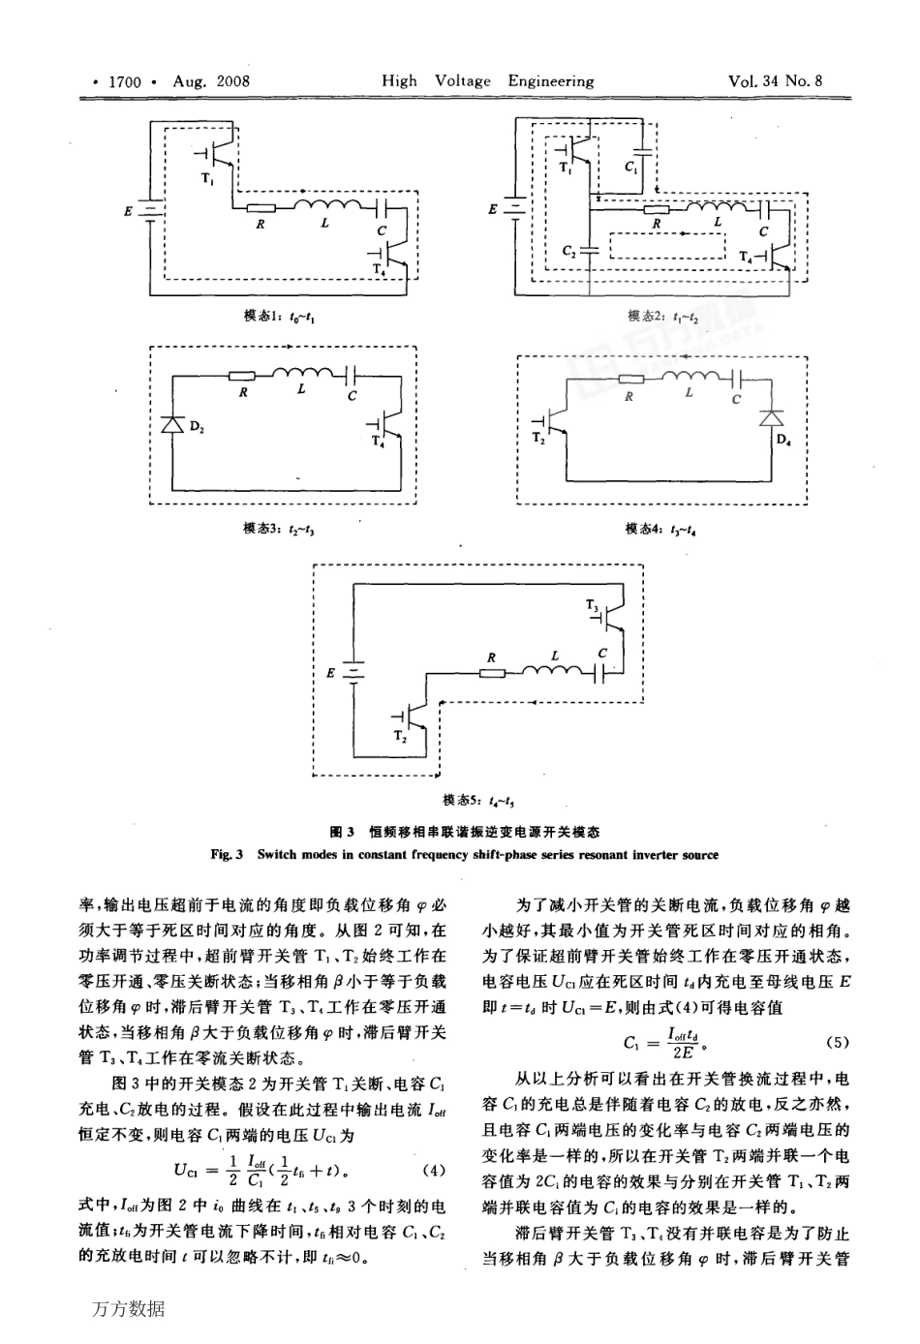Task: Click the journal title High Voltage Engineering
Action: click(x=487, y=81)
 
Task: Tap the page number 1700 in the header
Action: click(x=125, y=81)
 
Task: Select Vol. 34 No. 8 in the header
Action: click(x=775, y=81)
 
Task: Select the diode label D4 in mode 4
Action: click(x=783, y=440)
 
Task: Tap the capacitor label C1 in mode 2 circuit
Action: click(x=630, y=168)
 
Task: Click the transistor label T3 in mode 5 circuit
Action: click(x=592, y=604)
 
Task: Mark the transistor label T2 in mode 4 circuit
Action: click(x=537, y=439)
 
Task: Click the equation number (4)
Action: click(x=435, y=1170)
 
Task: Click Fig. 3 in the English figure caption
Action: click(x=225, y=855)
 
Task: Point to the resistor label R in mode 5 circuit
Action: click(x=491, y=658)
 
